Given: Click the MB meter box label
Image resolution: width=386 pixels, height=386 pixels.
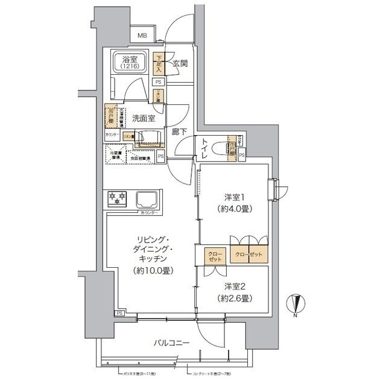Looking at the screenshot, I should (x=142, y=36).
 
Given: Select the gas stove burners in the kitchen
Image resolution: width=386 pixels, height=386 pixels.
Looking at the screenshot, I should (x=115, y=198).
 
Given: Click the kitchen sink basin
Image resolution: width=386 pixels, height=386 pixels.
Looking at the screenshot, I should (x=147, y=198).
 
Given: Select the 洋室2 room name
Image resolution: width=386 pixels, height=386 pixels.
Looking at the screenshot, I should (x=233, y=286).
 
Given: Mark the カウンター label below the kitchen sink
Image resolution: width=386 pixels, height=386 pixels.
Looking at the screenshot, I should (x=148, y=214).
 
